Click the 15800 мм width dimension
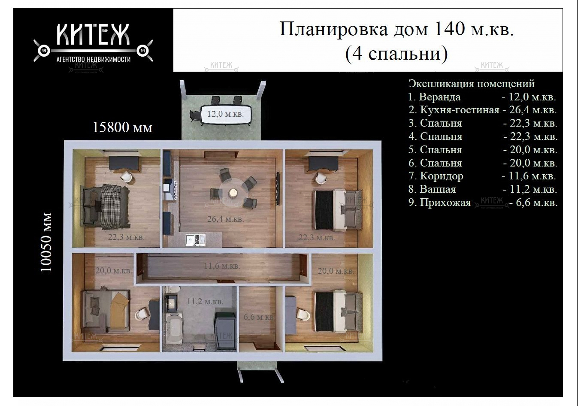pyautogui.click(x=122, y=127)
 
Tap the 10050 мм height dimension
pyautogui.click(x=46, y=242)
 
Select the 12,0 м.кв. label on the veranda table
pyautogui.click(x=226, y=114)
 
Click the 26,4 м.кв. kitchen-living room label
pyautogui.click(x=226, y=219)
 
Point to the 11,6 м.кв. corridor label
pyautogui.click(x=222, y=266)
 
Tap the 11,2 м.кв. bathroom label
pyautogui.click(x=205, y=301)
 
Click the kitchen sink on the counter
pyautogui.click(x=195, y=240)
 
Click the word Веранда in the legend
pyautogui.click(x=440, y=97)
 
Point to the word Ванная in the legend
pyautogui.click(x=438, y=189)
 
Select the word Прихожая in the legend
pyautogui.click(x=445, y=203)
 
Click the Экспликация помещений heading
pyautogui.click(x=472, y=83)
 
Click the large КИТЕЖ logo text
pyautogui.click(x=93, y=35)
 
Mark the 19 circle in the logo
pyautogui.click(x=44, y=51)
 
